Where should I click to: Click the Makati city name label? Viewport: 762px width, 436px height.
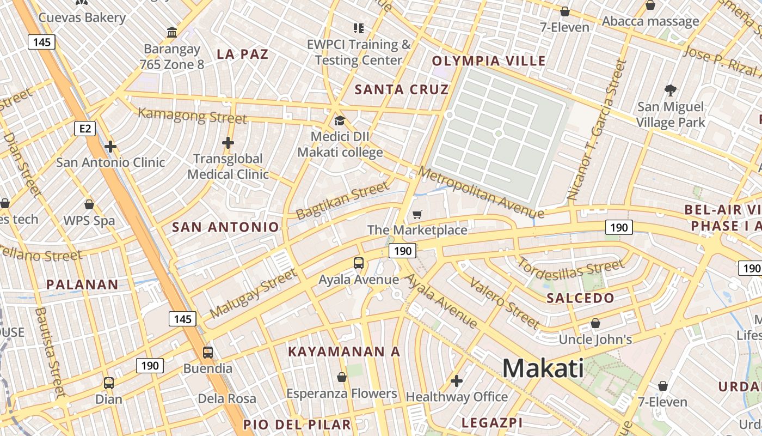click(543, 368)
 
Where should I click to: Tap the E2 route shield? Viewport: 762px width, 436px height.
click(85, 129)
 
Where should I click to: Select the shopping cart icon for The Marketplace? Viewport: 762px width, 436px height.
click(417, 215)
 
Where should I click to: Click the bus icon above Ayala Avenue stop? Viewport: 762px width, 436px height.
click(359, 263)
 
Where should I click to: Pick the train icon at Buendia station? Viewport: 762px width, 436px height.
click(208, 352)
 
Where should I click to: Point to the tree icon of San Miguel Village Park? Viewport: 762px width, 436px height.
click(670, 90)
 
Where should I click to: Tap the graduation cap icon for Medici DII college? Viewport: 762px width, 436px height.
click(340, 120)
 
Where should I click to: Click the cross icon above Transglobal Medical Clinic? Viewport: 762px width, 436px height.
click(228, 143)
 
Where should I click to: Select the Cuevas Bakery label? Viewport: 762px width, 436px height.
click(82, 17)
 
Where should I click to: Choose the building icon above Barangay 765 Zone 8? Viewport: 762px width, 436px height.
click(173, 33)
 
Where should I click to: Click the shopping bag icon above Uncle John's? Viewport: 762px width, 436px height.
click(595, 323)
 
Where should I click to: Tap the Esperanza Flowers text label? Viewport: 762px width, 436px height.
click(342, 393)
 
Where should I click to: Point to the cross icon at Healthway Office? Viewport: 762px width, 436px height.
click(457, 380)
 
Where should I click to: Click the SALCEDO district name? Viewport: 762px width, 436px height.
click(580, 298)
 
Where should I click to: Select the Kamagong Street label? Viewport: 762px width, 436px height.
click(192, 116)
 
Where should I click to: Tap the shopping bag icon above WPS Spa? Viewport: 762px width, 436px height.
click(89, 204)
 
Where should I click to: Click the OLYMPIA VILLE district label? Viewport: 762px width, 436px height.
click(489, 61)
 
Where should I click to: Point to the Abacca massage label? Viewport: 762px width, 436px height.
click(650, 22)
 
